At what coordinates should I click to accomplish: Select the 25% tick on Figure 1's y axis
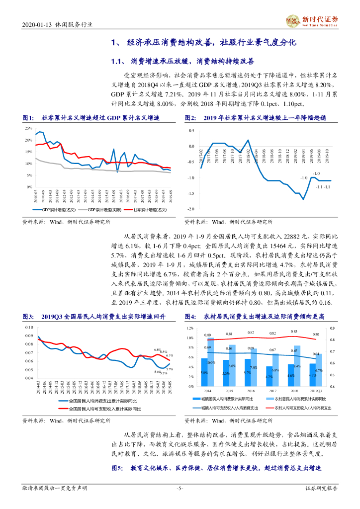28,128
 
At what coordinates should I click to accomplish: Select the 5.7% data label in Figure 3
170,369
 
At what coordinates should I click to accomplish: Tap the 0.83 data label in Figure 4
295,332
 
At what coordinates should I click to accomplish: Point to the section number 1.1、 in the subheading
120,62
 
